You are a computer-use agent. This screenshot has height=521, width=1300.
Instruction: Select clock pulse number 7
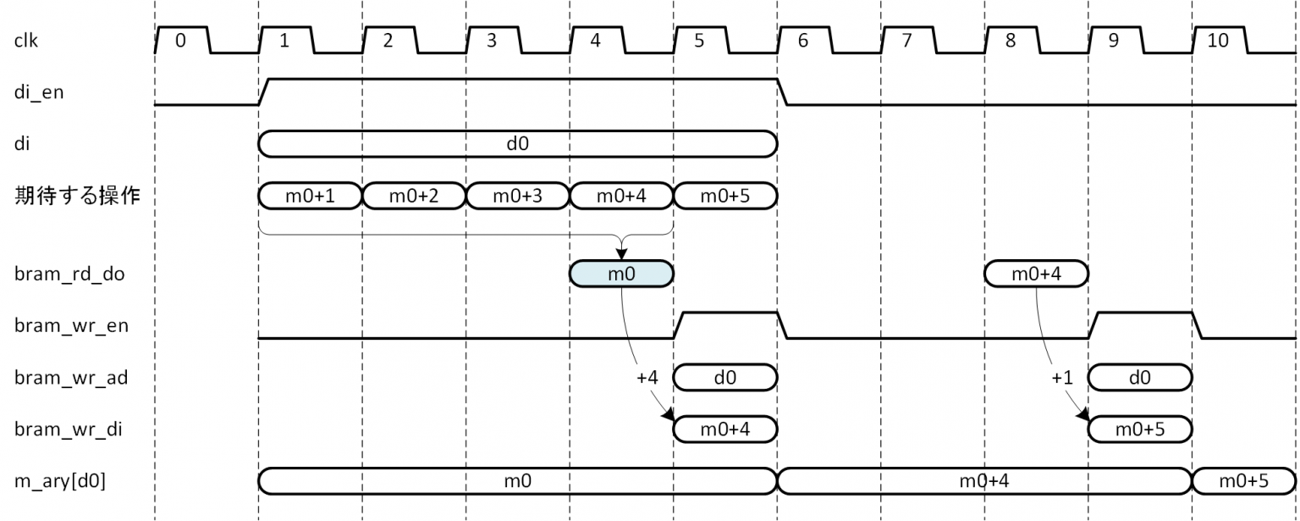pos(906,40)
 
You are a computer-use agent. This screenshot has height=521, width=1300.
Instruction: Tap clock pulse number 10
pos(1218,40)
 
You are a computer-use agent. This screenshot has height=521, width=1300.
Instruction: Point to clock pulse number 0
pos(180,40)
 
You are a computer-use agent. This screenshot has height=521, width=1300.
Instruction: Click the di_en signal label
pos(39,92)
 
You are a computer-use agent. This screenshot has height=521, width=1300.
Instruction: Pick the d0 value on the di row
pos(517,144)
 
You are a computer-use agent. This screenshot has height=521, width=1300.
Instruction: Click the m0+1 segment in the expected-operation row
pos(310,196)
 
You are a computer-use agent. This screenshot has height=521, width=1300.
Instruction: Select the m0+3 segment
pos(517,196)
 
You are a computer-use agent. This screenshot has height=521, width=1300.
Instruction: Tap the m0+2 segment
pos(414,196)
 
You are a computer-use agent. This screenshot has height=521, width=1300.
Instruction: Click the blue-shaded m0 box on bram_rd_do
pos(621,274)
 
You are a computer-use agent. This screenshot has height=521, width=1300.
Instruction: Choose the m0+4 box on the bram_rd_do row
pos(1036,274)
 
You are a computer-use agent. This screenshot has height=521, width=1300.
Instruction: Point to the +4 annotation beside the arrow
pos(647,378)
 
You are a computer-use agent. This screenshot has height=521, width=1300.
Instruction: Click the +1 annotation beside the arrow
pos(1062,378)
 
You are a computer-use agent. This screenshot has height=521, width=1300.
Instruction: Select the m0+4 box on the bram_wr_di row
pos(724,430)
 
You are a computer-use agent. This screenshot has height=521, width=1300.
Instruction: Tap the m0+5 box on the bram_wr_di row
pos(1139,430)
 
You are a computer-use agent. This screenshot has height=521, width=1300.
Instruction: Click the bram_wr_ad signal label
pos(71,378)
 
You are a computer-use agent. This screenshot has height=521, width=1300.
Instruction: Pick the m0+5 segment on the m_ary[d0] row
pos(1243,481)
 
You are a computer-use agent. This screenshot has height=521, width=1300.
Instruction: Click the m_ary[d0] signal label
pos(60,482)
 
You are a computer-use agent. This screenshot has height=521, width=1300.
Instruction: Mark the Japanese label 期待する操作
pos(78,197)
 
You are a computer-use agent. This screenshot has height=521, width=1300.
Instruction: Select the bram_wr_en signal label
pos(71,326)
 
